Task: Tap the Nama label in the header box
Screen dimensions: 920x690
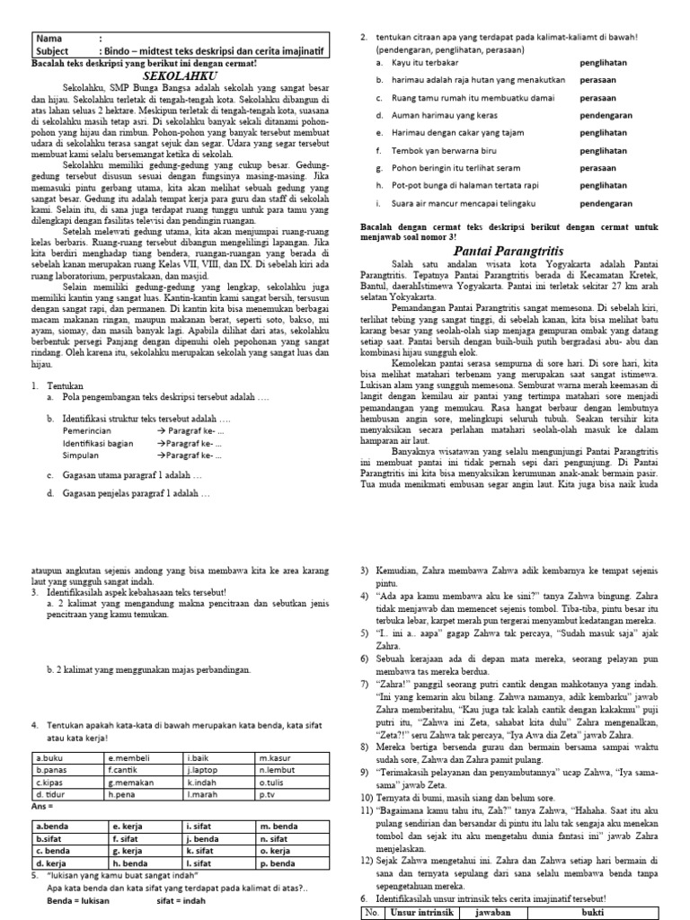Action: (50, 39)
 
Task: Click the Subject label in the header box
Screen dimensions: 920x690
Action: (57, 51)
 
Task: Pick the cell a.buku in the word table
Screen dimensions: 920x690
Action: (50, 758)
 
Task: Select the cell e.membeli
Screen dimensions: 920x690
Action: (125, 758)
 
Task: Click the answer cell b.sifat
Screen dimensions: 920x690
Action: (49, 838)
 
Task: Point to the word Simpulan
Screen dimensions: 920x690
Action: (82, 456)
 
